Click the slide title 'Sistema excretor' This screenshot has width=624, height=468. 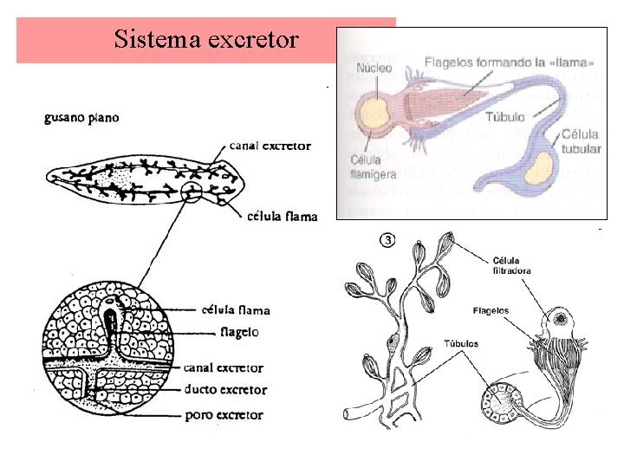[206, 39]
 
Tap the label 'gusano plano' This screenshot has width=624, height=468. [82, 117]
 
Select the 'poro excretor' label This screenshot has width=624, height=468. [224, 415]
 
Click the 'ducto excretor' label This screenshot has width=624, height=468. [225, 391]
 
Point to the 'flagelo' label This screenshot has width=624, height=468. [239, 331]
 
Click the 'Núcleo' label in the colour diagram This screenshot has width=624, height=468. [373, 68]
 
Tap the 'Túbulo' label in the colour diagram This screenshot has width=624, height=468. [504, 116]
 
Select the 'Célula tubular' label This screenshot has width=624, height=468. [580, 141]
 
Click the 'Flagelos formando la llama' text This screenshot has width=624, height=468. [509, 62]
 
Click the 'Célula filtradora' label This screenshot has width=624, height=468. [511, 264]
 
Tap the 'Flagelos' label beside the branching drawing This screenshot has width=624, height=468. [491, 310]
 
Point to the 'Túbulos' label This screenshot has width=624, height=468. [459, 344]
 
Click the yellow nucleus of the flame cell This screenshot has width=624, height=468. [375, 113]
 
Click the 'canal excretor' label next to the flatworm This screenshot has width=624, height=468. [270, 146]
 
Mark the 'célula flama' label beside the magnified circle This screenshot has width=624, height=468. [235, 309]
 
